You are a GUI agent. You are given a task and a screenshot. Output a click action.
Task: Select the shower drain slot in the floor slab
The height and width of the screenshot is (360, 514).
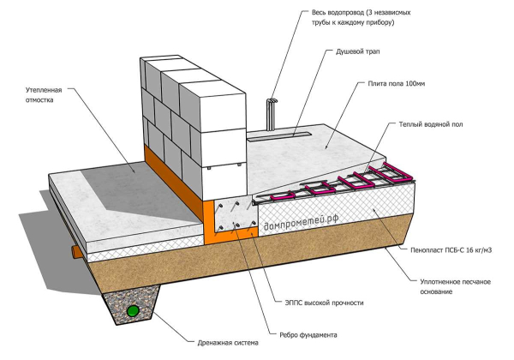point(274,135)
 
